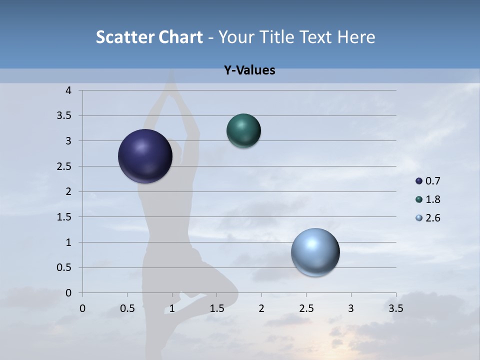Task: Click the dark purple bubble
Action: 145,156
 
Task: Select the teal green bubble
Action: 243,131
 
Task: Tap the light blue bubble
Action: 315,252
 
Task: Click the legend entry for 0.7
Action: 428,181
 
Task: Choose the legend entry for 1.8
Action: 428,199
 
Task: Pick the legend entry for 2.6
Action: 428,218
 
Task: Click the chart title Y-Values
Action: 249,70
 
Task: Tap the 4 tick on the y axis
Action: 68,90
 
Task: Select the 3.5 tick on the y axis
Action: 65,116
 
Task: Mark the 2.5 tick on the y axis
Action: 65,166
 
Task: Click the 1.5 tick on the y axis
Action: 65,217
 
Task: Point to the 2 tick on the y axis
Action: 68,191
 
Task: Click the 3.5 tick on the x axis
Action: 395,308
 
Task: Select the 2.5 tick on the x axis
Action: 306,308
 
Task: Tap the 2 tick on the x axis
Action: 261,308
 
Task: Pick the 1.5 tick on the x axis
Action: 216,308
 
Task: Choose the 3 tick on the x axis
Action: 351,308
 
